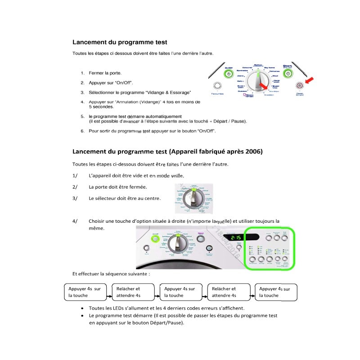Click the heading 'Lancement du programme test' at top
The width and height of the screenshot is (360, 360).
pyautogui.click(x=120, y=42)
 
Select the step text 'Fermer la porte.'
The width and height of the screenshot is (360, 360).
pyautogui.click(x=105, y=73)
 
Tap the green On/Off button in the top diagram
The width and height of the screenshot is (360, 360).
pyautogui.click(x=229, y=72)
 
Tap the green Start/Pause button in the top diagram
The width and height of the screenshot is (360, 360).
pyautogui.click(x=288, y=73)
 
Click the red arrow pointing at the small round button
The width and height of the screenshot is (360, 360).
pyautogui.click(x=308, y=81)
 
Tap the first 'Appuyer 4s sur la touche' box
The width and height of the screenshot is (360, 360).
pyautogui.click(x=85, y=292)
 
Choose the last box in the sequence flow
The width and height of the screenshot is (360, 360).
pyautogui.click(x=275, y=292)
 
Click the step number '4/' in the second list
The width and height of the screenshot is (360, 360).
pyautogui.click(x=75, y=221)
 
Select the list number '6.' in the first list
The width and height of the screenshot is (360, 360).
pyautogui.click(x=82, y=131)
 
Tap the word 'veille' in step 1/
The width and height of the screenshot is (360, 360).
pyautogui.click(x=177, y=176)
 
